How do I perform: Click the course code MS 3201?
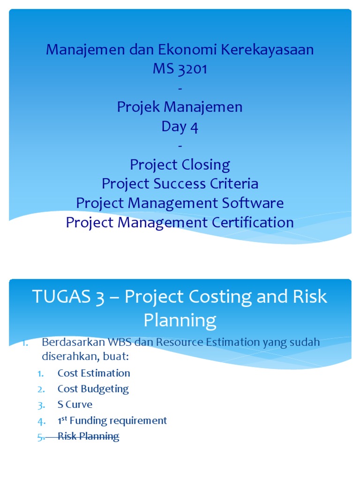180,69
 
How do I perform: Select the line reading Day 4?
180,127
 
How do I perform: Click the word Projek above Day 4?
139,107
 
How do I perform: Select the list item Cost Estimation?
94,373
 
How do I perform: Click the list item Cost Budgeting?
93,389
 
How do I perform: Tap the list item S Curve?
75,405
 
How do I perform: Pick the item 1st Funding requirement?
112,420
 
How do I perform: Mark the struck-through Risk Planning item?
88,436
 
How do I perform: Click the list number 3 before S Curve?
41,405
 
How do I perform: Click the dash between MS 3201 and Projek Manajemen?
180,88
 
